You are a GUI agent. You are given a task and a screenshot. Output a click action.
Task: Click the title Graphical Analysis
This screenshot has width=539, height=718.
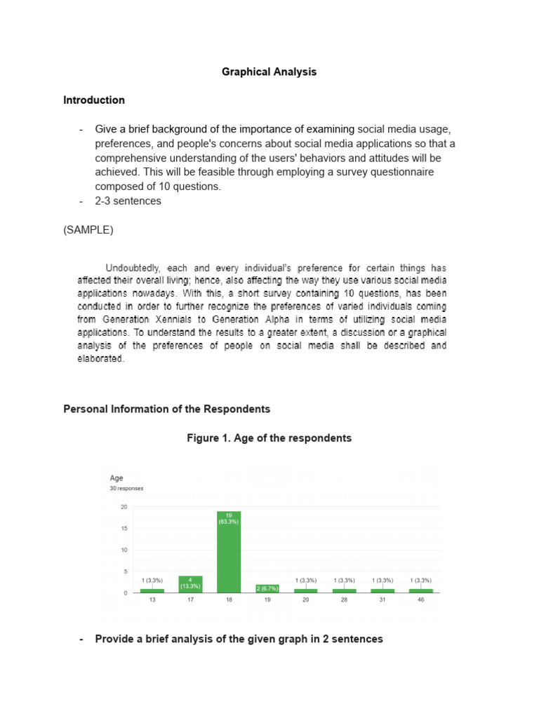[269, 72]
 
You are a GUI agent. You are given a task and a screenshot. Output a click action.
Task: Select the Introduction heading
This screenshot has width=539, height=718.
[94, 100]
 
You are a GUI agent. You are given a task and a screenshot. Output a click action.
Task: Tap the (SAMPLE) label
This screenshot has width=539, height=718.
[88, 230]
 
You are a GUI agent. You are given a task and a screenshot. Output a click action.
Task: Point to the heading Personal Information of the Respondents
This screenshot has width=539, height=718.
[166, 409]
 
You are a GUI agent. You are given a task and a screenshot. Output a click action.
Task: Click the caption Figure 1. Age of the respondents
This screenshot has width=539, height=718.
[269, 438]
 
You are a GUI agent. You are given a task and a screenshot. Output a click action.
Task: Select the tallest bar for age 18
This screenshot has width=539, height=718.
[229, 554]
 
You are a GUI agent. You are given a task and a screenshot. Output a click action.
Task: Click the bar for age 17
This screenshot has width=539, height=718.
[190, 584]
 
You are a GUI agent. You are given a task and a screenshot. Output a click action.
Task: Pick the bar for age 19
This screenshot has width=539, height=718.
[267, 589]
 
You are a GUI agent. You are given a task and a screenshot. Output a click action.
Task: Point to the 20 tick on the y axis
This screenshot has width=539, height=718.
[124, 506]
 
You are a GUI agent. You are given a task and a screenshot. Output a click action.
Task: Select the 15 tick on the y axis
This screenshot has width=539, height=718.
[124, 528]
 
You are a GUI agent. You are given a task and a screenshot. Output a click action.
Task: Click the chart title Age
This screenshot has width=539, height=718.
[117, 478]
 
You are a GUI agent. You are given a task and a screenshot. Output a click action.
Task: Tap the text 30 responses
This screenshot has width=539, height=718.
[127, 489]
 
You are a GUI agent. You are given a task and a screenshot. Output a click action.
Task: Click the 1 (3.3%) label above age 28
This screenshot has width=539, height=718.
[344, 581]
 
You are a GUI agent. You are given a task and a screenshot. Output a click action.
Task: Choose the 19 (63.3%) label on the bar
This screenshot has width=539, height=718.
[229, 517]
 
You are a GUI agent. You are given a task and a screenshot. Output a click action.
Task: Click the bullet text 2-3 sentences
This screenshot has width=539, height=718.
[128, 201]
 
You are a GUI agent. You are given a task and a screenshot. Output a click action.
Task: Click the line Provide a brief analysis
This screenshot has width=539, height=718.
[239, 639]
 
